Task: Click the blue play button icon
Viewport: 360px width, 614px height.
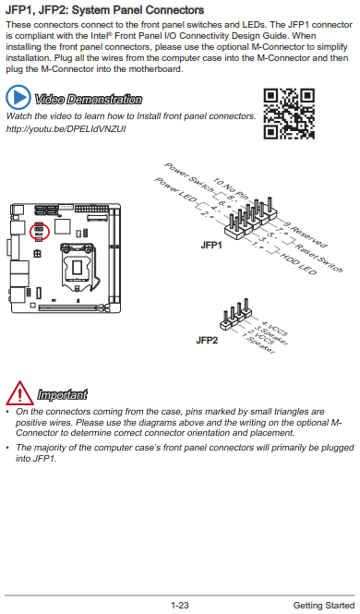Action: [x=18, y=97]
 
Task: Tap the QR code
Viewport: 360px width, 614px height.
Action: [x=289, y=114]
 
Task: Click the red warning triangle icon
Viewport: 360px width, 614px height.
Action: [x=19, y=392]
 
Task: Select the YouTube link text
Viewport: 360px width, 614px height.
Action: [x=66, y=129]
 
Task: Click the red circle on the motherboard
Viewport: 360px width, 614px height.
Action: [x=40, y=232]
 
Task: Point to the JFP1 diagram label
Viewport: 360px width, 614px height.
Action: [x=211, y=245]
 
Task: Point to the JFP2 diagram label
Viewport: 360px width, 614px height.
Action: [x=207, y=340]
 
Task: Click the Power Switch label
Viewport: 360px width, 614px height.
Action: [x=188, y=178]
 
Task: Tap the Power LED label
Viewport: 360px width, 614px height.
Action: [x=174, y=190]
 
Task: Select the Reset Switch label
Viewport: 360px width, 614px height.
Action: [x=318, y=258]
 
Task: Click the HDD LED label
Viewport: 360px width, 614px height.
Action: [x=298, y=264]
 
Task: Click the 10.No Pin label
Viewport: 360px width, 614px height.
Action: [x=231, y=188]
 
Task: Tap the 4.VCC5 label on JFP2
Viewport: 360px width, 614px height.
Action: [x=275, y=329]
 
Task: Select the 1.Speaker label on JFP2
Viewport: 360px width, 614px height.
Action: [x=258, y=343]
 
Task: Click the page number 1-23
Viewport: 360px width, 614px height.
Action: [x=180, y=606]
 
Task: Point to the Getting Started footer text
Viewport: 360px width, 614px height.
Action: [x=324, y=606]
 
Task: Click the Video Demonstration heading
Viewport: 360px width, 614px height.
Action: [x=88, y=100]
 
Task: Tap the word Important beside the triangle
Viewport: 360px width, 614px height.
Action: [x=62, y=394]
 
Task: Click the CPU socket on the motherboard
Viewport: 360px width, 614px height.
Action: [x=77, y=267]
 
